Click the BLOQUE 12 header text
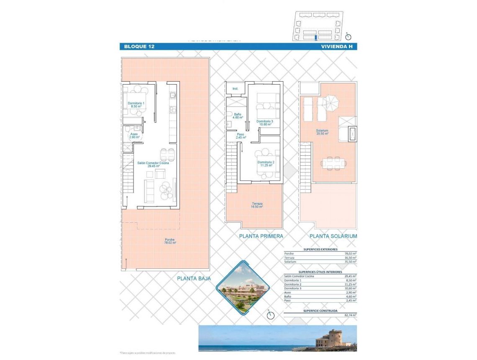[139, 46]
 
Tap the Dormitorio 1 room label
[136, 105]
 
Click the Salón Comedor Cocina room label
[153, 165]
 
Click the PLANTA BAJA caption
[194, 278]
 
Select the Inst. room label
[235, 89]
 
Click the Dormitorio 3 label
[265, 123]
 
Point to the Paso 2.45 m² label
[240, 136]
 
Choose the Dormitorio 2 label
[266, 164]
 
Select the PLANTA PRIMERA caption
[261, 236]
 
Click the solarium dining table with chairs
[333, 163]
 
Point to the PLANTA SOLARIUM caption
[333, 236]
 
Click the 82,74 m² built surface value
[350, 315]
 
